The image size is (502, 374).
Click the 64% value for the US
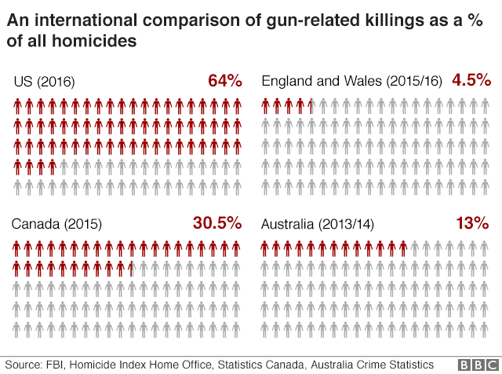coord(224,81)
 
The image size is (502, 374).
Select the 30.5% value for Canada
coord(216,223)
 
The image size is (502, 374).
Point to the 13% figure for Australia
coord(472,223)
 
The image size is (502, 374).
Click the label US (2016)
coord(45,82)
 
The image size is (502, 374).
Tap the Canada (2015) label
coord(57,224)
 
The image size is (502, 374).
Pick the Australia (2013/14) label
coord(318,224)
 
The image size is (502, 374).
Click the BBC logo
coord(478,365)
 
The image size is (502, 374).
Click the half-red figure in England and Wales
coord(311,105)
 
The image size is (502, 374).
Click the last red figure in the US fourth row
coord(53,167)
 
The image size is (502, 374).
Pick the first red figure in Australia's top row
coord(265,248)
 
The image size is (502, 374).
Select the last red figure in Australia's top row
coord(403,248)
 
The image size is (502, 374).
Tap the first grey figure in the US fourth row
coord(64,167)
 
